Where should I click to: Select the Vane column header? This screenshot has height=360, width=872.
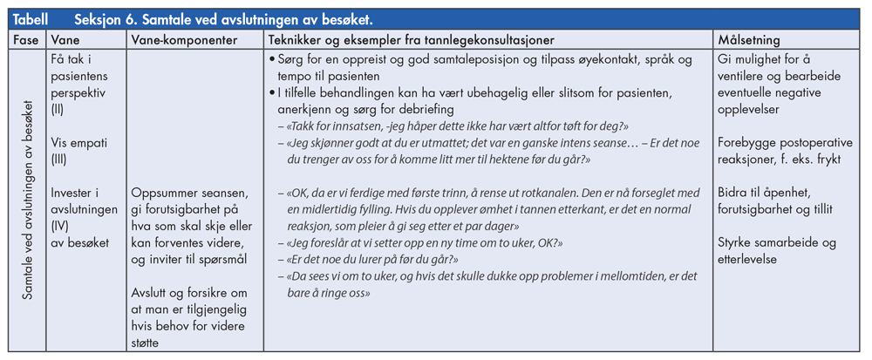66,41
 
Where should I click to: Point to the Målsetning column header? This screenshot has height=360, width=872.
749,41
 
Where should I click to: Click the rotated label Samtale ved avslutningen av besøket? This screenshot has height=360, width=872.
29,201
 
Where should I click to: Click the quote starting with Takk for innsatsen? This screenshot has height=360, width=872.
451,126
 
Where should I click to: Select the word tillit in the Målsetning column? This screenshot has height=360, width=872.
815,208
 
